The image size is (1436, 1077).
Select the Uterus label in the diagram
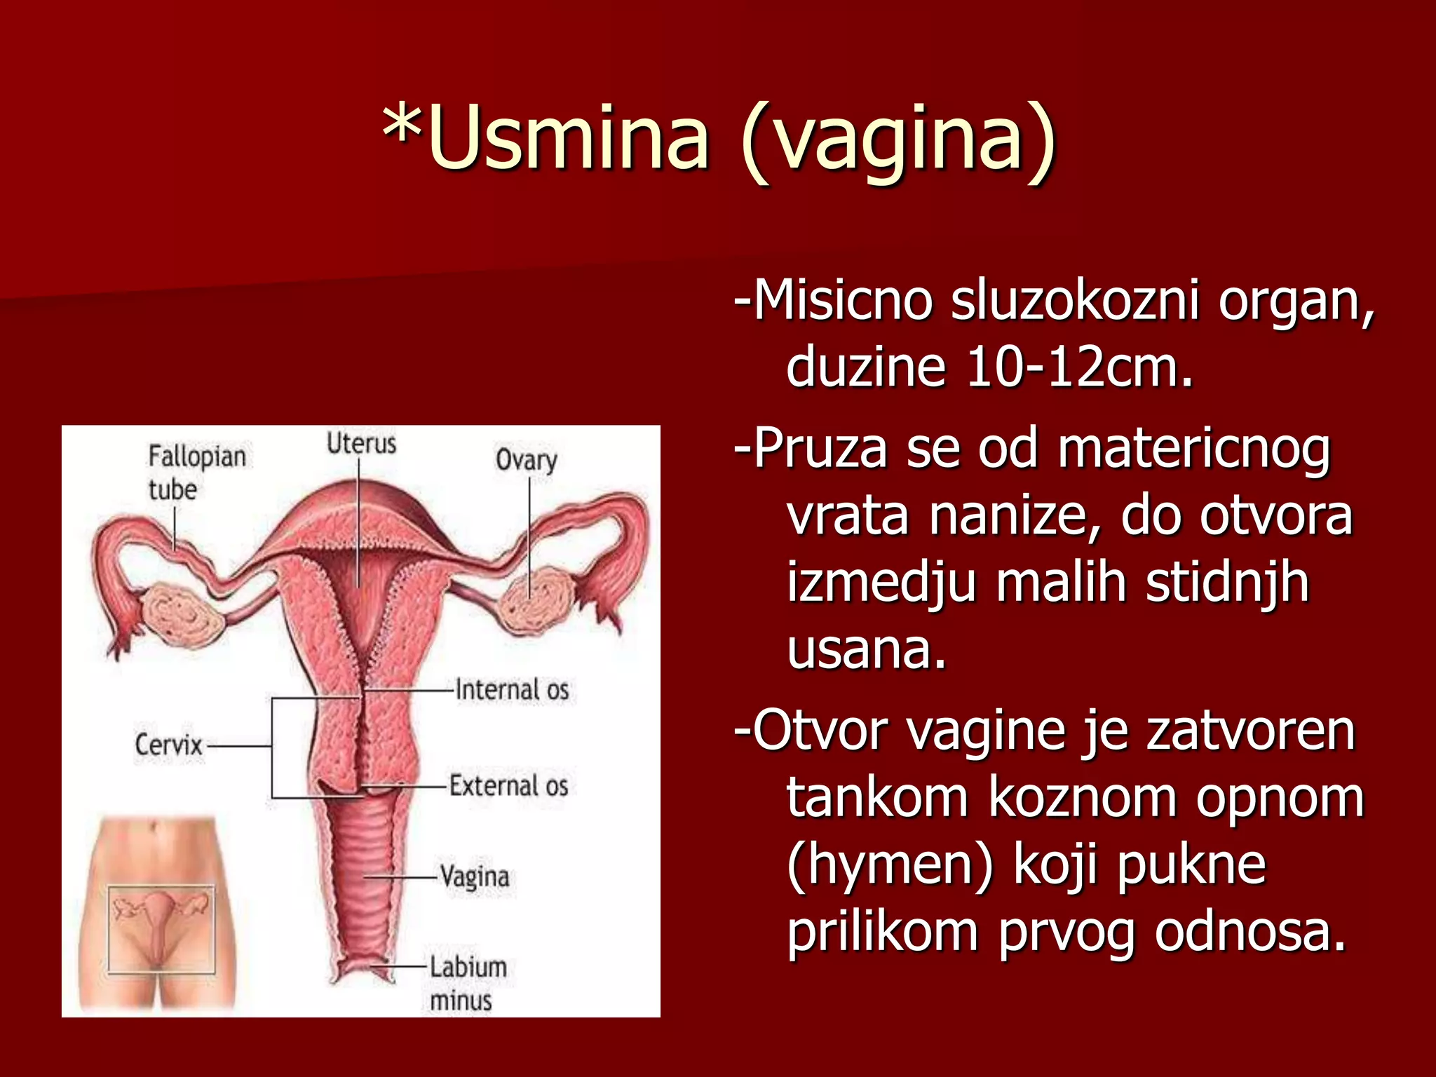pyautogui.click(x=361, y=444)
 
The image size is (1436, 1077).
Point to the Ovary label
pyautogui.click(x=526, y=460)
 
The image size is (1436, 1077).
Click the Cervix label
pyautogui.click(x=168, y=745)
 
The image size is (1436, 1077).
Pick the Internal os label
pyautogui.click(x=512, y=689)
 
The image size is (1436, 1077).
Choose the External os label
pyautogui.click(x=508, y=786)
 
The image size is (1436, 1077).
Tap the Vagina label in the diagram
pyautogui.click(x=475, y=877)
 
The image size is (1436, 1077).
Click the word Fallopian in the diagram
pyautogui.click(x=197, y=457)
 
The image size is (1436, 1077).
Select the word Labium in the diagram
pyautogui.click(x=468, y=968)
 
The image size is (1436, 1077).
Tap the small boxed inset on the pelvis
pyautogui.click(x=161, y=929)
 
